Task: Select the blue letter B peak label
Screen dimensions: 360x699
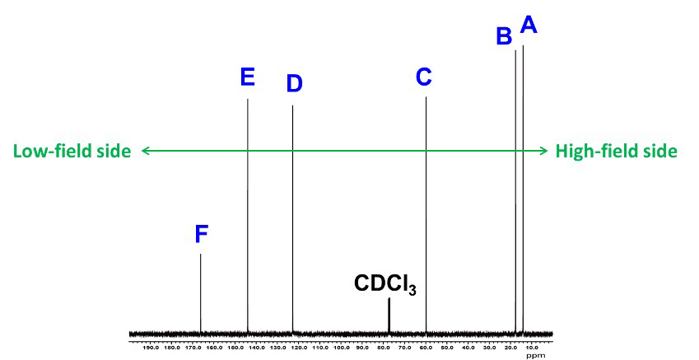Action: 504,36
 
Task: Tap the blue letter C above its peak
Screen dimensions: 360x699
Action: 423,77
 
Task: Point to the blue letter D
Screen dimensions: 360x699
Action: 294,83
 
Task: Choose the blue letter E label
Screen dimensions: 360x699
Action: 247,77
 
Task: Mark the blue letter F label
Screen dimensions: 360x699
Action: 202,235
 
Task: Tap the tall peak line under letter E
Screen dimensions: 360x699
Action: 248,214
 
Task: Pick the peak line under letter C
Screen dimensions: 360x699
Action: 426,214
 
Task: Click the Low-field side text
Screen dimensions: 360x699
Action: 72,151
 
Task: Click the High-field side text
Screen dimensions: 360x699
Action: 617,151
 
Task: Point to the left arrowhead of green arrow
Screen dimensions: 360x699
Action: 145,151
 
